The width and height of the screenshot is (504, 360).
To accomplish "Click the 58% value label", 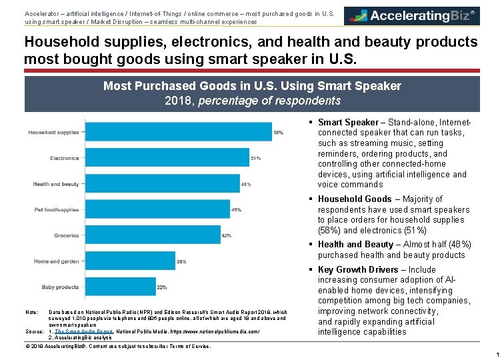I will [278, 133].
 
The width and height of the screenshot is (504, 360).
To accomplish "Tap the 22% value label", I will [161, 287].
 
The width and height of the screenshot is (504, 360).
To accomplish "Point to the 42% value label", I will [227, 235].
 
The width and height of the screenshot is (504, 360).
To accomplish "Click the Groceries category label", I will [67, 235].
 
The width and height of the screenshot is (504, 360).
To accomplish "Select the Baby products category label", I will [61, 287].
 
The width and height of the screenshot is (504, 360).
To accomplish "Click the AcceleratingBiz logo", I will [411, 16].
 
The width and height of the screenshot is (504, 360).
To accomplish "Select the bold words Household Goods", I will [355, 199].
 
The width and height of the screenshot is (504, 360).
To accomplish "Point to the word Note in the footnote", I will [31, 312].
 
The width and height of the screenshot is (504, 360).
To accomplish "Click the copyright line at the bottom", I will [117, 346].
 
